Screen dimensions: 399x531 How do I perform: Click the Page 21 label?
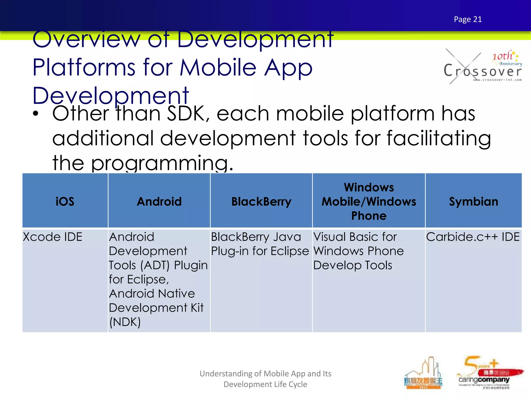click(x=468, y=19)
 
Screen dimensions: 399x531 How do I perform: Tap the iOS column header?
click(x=65, y=202)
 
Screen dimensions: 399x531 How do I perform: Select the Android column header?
click(x=159, y=202)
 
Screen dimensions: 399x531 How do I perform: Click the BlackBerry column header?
click(x=261, y=202)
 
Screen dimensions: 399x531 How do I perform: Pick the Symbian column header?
click(x=473, y=202)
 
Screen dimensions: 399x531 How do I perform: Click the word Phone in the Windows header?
click(x=369, y=216)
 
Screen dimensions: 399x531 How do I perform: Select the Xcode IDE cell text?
click(x=53, y=237)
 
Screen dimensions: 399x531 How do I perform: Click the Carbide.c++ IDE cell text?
click(x=473, y=237)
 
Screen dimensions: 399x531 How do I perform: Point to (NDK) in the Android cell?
click(x=125, y=322)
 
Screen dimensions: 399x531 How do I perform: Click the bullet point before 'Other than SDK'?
click(x=36, y=114)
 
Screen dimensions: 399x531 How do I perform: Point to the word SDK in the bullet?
click(x=186, y=114)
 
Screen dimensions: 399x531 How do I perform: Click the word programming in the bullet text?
click(x=162, y=163)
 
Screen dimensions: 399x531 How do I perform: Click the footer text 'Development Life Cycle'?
click(x=265, y=384)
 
